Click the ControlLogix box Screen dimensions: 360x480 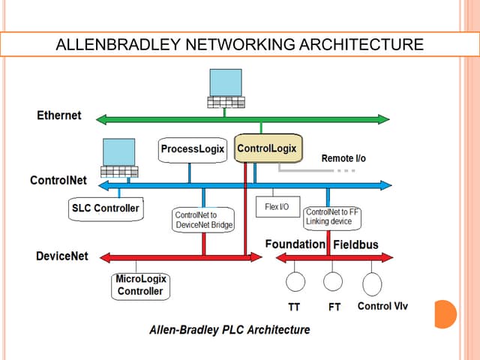pyautogui.click(x=266, y=148)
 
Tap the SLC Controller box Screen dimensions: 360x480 pyautogui.click(x=105, y=208)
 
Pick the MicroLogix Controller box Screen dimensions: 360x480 pyautogui.click(x=140, y=285)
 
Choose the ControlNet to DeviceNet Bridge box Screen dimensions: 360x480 pyautogui.click(x=203, y=220)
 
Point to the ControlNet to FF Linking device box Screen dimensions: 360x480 pyautogui.click(x=333, y=217)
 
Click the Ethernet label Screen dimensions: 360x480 pyautogui.click(x=59, y=115)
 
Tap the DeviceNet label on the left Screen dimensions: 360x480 pyautogui.click(x=61, y=256)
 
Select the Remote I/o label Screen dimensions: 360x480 pyautogui.click(x=343, y=158)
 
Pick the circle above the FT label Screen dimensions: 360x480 pyautogui.click(x=333, y=282)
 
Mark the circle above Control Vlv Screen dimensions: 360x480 pyautogui.click(x=372, y=283)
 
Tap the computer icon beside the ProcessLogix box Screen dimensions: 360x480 pyautogui.click(x=118, y=158)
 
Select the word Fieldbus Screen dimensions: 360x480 pyautogui.click(x=355, y=244)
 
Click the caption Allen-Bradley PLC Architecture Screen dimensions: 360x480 pyautogui.click(x=229, y=329)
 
